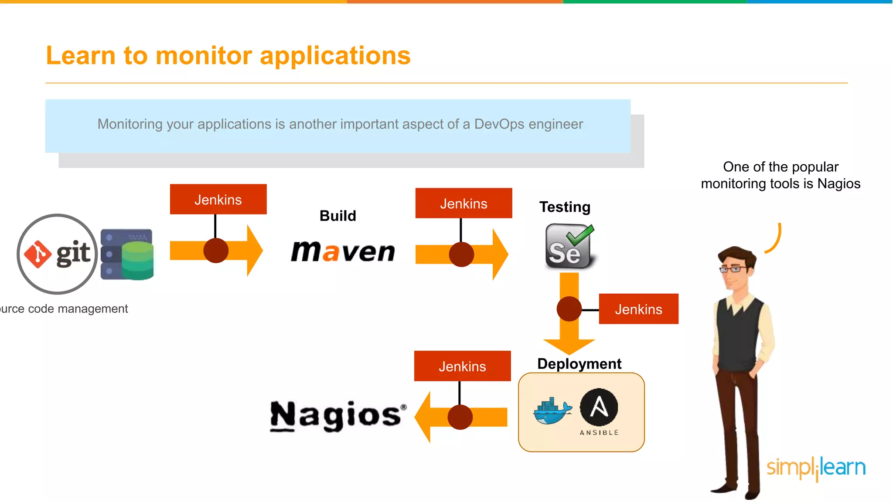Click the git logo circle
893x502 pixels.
click(x=57, y=254)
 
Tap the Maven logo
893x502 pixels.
click(x=343, y=252)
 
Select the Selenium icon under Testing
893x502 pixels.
click(x=569, y=246)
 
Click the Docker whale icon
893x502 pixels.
click(x=552, y=410)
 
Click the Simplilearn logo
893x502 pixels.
click(x=816, y=468)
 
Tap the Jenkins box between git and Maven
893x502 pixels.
click(x=218, y=200)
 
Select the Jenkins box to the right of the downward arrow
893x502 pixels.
click(x=638, y=309)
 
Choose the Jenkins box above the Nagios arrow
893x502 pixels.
click(x=462, y=366)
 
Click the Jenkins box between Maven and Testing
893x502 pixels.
click(x=464, y=204)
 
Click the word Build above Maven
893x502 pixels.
click(x=338, y=216)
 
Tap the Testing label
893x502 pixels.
click(x=565, y=207)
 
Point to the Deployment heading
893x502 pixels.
click(x=579, y=363)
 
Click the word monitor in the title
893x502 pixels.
click(x=204, y=56)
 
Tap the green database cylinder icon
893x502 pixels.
click(x=138, y=260)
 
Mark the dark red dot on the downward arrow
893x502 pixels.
click(x=569, y=309)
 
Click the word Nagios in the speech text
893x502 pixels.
click(x=838, y=183)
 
